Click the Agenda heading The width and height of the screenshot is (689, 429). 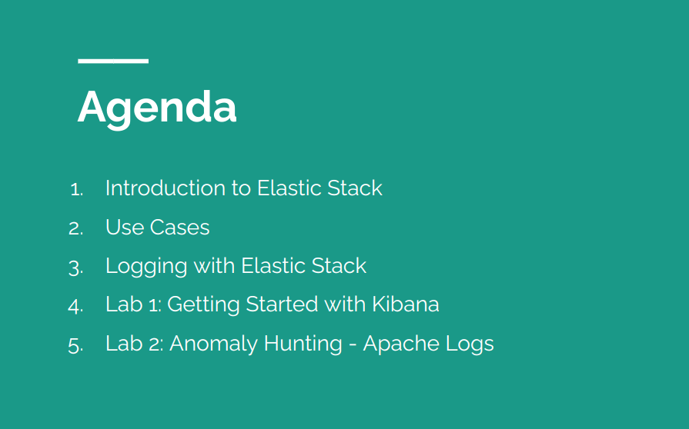[157, 108]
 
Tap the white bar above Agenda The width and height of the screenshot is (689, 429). [113, 61]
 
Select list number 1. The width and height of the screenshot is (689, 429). [76, 189]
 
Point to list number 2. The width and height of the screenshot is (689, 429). [75, 228]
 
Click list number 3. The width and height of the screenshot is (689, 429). [75, 267]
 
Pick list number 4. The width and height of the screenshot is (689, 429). [75, 305]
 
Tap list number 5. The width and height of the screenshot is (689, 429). [75, 344]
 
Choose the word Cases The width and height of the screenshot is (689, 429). [179, 228]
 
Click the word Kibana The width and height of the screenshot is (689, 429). [405, 304]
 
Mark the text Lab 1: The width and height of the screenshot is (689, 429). [132, 304]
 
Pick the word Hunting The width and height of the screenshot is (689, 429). [303, 344]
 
